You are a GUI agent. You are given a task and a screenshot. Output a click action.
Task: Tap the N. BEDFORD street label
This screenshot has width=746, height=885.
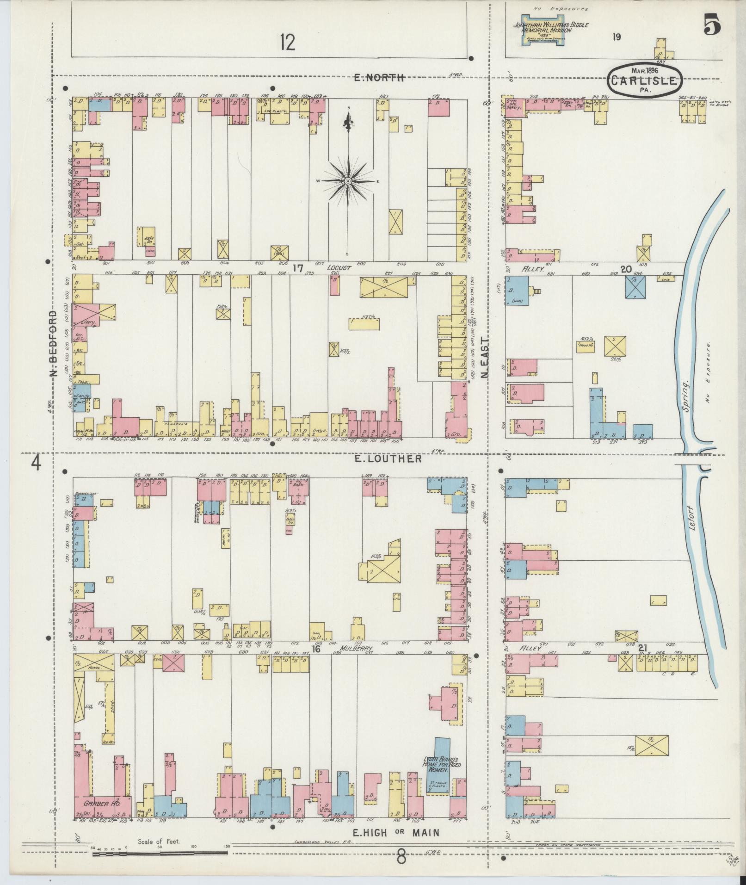click(x=54, y=344)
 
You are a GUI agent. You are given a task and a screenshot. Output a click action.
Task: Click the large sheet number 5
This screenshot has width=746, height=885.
click(x=712, y=25)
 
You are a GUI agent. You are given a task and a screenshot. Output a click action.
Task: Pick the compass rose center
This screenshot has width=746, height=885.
click(x=347, y=181)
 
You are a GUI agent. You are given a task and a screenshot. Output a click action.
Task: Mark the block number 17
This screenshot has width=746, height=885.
click(x=297, y=268)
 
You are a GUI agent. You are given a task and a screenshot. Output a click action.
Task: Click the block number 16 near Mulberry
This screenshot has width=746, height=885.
click(x=316, y=649)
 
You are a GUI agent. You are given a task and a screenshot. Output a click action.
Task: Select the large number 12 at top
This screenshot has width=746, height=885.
click(x=287, y=43)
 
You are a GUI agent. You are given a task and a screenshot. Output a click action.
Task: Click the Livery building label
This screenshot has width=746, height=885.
click(x=87, y=322)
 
